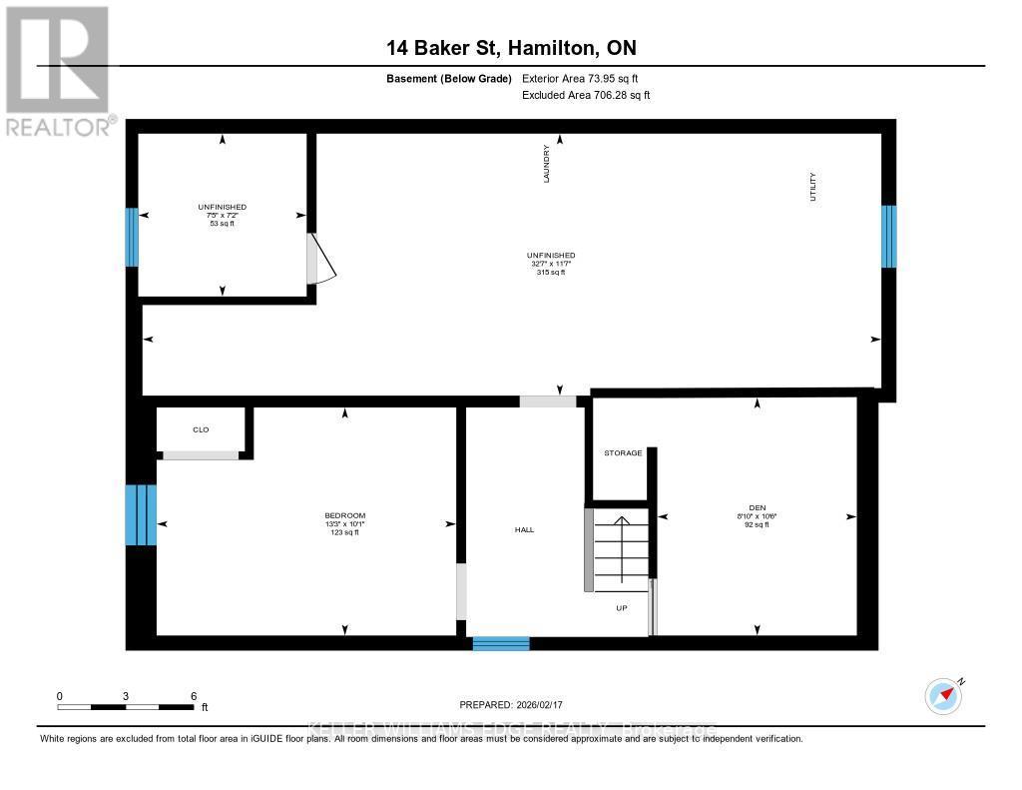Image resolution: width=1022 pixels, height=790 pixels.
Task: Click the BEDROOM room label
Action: [x=344, y=515]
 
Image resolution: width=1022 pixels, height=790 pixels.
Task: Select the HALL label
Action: [x=524, y=529]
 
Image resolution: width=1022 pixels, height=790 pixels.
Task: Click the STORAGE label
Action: [x=622, y=453]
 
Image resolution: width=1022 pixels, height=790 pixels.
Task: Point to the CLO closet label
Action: [x=201, y=429]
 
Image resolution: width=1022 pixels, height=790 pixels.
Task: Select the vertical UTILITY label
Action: [x=813, y=188]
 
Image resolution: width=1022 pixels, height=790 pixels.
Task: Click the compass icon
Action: [x=943, y=695]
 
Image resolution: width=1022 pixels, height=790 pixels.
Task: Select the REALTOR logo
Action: [x=57, y=71]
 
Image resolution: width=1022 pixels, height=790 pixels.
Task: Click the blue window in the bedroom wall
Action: [x=141, y=514]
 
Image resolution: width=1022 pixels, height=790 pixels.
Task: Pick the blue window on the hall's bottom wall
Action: [x=500, y=643]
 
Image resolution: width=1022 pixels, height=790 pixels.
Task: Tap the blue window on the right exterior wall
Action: [x=888, y=237]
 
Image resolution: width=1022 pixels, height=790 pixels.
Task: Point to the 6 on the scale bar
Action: [x=193, y=695]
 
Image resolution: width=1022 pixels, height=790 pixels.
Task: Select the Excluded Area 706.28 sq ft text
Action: [x=586, y=95]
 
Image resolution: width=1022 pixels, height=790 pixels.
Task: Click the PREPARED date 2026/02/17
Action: [x=517, y=704]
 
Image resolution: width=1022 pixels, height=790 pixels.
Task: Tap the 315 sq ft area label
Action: [x=551, y=272]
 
